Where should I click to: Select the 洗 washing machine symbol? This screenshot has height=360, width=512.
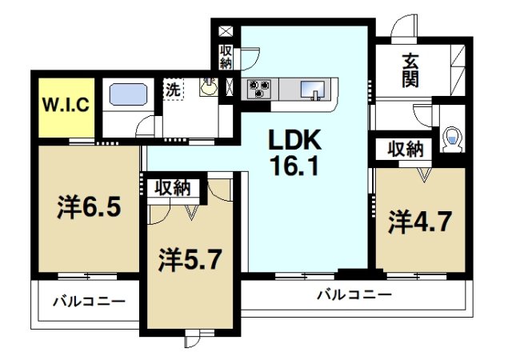click(x=173, y=89)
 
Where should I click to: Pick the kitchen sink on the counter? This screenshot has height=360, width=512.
click(x=314, y=89)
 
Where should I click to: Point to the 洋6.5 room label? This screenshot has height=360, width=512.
click(x=89, y=208)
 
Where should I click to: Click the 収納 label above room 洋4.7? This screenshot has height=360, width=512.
click(x=406, y=149)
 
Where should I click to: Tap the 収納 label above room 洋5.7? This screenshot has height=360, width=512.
click(x=172, y=189)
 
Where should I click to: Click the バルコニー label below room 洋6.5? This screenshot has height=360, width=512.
click(x=89, y=302)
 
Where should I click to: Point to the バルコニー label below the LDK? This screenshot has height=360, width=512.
click(x=354, y=294)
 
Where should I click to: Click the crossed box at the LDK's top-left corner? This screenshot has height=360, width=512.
click(x=226, y=33)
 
